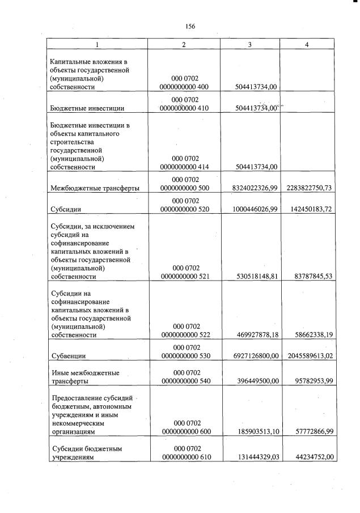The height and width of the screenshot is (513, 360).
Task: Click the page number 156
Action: [190, 26]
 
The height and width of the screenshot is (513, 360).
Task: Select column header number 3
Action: [249, 44]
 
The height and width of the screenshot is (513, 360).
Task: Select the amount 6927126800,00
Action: [255, 355]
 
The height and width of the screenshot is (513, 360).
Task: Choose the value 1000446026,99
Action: [255, 209]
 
